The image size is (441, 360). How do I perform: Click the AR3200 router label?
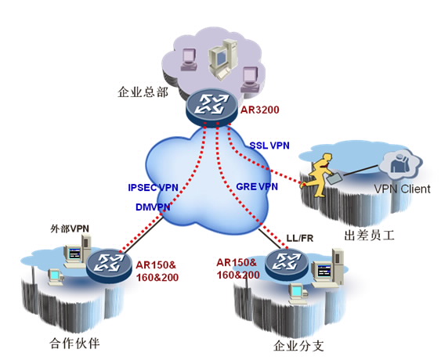[259, 110]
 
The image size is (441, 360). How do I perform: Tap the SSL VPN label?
[269, 146]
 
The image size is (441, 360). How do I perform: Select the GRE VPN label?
[257, 186]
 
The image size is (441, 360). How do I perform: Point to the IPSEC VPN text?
[153, 188]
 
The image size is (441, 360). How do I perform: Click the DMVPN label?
[153, 207]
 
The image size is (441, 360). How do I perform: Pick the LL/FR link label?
[299, 239]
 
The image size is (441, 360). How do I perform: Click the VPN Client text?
[402, 189]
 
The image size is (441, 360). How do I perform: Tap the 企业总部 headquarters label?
[143, 92]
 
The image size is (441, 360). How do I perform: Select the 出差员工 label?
[369, 236]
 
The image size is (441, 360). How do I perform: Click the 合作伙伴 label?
[74, 343]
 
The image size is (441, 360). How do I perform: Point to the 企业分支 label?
[298, 345]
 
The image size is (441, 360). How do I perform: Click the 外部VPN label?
[70, 229]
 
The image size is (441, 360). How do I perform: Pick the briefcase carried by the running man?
[334, 178]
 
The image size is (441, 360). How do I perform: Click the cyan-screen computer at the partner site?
[56, 277]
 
